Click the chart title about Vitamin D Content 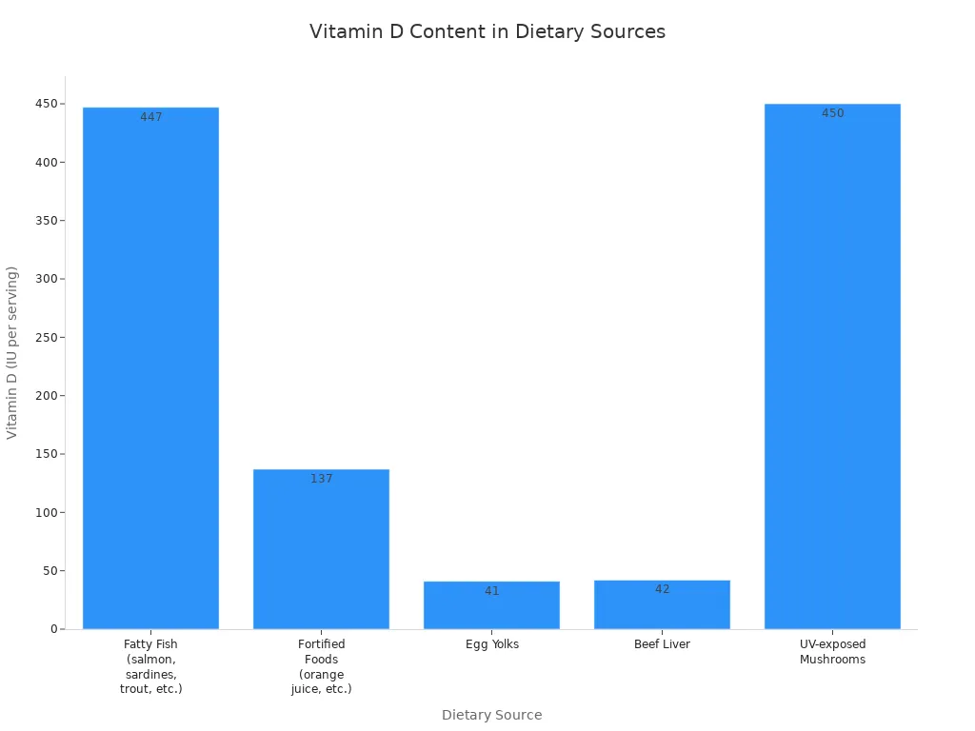coord(487,31)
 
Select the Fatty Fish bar coord(150,371)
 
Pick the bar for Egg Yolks coord(491,609)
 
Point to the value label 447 coord(151,117)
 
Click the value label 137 coord(322,479)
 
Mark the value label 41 coord(491,591)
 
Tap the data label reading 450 coord(833,113)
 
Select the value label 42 coord(663,589)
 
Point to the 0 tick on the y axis coord(54,629)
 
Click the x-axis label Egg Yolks coord(492,644)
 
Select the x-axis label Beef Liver coord(662,644)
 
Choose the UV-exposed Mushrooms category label coord(832,652)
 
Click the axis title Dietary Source coord(491,715)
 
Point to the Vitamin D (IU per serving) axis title coord(12,352)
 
